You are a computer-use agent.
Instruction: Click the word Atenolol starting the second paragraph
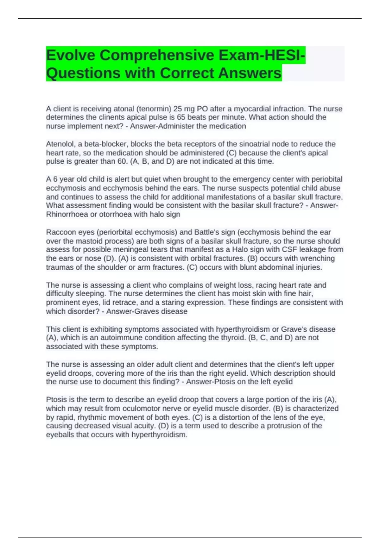[x=60, y=144]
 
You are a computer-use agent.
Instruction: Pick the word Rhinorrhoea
[x=67, y=214]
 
